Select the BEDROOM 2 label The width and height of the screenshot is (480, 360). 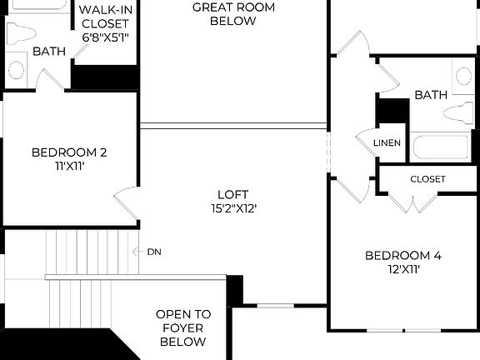click(69, 152)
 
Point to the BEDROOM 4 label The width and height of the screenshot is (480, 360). click(403, 255)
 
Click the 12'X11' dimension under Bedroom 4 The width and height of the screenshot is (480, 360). click(403, 270)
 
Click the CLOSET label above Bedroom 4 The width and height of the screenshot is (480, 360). click(427, 179)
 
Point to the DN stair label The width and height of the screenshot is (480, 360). click(153, 251)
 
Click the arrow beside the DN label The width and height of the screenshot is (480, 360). click(137, 251)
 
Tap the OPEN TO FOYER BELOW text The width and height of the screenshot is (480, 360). click(183, 328)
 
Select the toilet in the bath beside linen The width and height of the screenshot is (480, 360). click(459, 113)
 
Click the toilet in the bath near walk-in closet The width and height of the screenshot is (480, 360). click(18, 33)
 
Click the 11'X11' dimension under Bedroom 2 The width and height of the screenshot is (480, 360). click(69, 167)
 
